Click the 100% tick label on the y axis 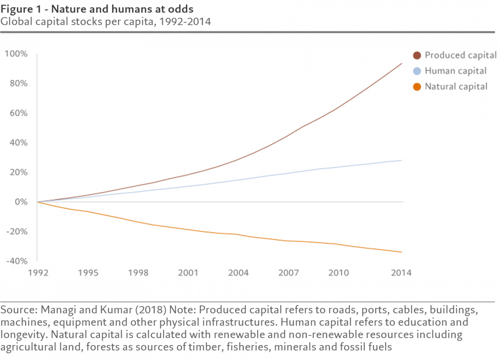point(16,54)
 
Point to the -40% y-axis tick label point(16,261)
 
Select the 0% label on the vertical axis point(21,202)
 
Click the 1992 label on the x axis point(38,273)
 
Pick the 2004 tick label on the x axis point(238,273)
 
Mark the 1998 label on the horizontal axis point(138,273)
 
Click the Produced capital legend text point(461,55)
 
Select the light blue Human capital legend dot point(417,71)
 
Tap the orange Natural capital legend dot point(417,86)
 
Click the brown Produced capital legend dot point(417,55)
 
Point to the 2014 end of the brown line point(402,63)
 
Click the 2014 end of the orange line point(402,252)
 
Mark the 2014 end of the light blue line point(402,160)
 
